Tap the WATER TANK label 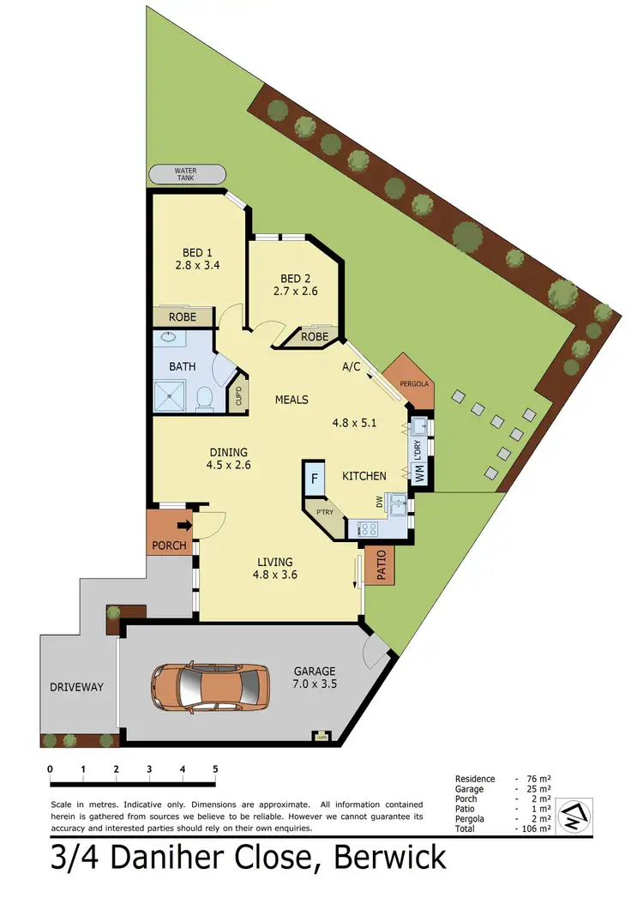point(186,175)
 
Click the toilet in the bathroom point(204,397)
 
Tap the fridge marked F point(315,479)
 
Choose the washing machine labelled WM point(419,473)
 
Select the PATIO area point(379,565)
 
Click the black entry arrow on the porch point(183,527)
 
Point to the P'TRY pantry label point(325,514)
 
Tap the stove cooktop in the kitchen point(370,529)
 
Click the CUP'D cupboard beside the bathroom point(239,396)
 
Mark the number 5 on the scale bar point(215,768)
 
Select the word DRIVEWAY point(76,687)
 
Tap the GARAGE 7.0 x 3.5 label point(315,678)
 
